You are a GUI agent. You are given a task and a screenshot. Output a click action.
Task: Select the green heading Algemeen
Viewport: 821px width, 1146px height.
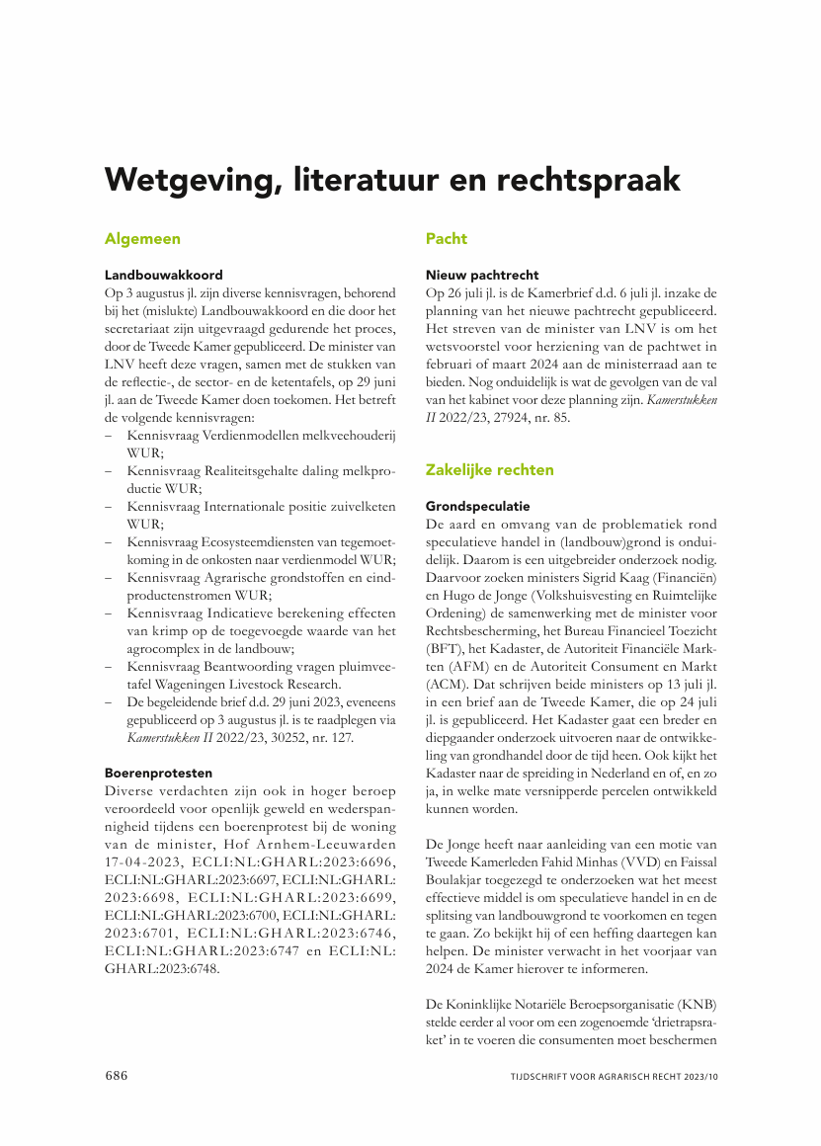click(x=142, y=239)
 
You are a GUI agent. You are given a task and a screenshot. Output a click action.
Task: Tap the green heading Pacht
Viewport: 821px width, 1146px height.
click(x=447, y=239)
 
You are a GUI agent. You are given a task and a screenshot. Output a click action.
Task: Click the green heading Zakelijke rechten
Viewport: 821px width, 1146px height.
click(x=489, y=469)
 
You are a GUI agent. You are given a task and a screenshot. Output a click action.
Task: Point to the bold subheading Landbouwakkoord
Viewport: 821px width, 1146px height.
click(x=164, y=275)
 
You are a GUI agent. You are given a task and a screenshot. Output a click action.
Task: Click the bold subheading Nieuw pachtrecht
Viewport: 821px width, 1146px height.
click(x=482, y=275)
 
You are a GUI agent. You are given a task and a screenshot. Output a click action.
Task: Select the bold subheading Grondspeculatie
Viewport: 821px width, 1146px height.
click(x=477, y=506)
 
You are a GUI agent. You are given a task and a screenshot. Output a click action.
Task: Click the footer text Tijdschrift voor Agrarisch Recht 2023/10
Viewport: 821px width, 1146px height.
click(x=614, y=1077)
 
